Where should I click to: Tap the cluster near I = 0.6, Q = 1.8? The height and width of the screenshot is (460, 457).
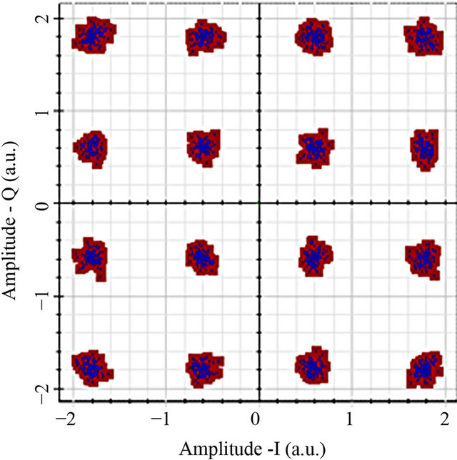[x=313, y=35]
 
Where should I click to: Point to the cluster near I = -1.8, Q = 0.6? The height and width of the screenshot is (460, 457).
[x=91, y=148]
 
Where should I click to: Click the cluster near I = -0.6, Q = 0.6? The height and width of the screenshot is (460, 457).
[x=204, y=148]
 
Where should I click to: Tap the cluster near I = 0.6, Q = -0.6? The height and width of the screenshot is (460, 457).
[x=312, y=256]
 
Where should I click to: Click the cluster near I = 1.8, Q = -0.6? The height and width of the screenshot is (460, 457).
[x=423, y=258]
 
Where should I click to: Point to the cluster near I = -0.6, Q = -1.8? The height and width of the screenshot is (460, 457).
[x=204, y=369]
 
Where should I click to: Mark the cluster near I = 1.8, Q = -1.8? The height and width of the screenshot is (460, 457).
[x=424, y=369]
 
